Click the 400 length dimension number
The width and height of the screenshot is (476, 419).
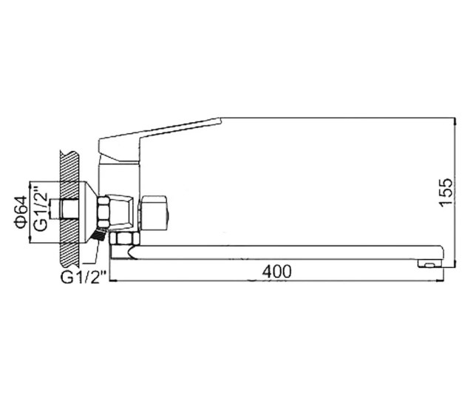[x=276, y=272]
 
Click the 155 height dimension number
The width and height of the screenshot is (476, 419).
[x=446, y=192]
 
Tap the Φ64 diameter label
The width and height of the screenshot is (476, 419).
[x=21, y=212]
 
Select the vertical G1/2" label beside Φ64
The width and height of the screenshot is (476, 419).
[x=40, y=208]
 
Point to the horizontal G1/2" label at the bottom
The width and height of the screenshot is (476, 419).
[x=84, y=277]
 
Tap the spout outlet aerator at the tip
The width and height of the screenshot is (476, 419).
[x=430, y=264]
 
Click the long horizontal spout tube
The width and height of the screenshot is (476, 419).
[x=285, y=252]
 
